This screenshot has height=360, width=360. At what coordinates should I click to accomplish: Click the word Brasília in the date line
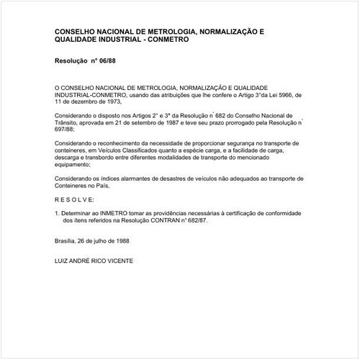(x=67, y=242)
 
